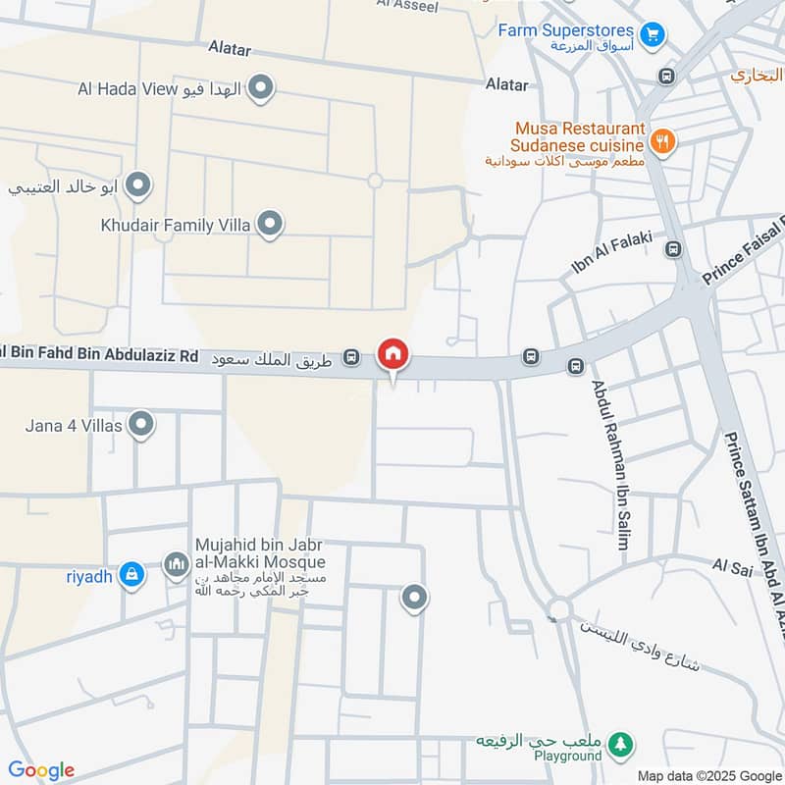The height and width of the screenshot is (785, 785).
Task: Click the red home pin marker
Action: point(393,354)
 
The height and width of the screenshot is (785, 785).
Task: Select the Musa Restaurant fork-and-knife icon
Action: point(663,142)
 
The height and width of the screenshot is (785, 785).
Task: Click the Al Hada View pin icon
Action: point(260,89)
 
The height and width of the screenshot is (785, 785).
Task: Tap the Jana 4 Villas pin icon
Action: point(142,425)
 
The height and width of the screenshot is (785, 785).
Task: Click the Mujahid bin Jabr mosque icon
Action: point(177,564)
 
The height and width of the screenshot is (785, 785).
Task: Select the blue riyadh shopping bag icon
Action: point(131,575)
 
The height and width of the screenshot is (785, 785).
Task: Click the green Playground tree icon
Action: point(619,747)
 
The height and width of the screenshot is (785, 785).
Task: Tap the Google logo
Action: point(41,770)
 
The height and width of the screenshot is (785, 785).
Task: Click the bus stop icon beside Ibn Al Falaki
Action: point(673,249)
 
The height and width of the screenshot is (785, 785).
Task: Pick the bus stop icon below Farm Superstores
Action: point(667,77)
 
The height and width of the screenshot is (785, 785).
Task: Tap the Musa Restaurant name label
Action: point(580,130)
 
